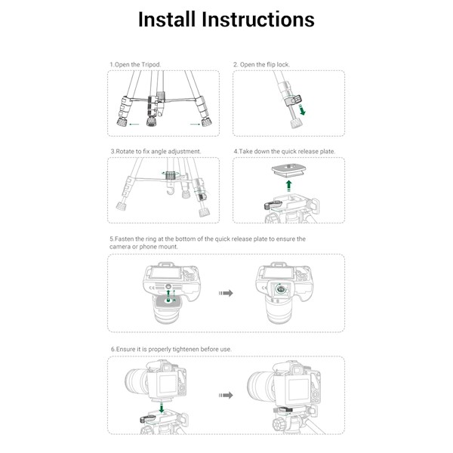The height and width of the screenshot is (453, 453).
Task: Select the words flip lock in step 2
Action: [276, 65]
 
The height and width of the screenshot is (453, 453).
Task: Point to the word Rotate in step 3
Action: [128, 151]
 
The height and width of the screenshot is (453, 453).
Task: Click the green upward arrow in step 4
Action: [288, 186]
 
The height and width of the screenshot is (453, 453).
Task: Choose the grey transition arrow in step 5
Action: [224, 293]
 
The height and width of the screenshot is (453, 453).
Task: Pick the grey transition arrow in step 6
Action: [225, 395]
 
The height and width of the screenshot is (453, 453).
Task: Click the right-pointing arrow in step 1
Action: [194, 123]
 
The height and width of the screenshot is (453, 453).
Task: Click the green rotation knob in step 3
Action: [170, 176]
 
